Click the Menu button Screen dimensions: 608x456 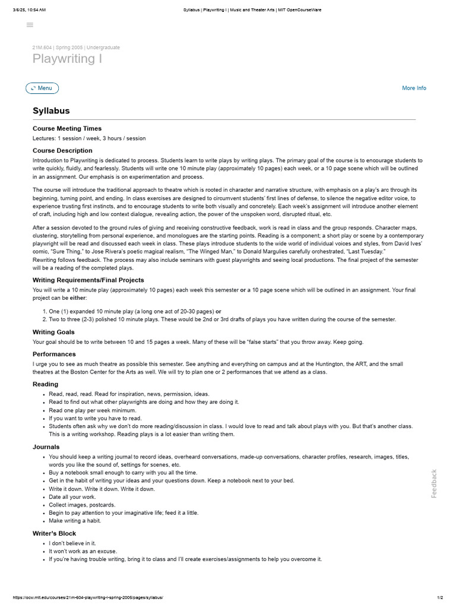point(42,88)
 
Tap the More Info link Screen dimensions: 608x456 point(414,88)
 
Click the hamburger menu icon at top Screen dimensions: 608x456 point(30,25)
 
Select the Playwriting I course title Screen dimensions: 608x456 point(67,59)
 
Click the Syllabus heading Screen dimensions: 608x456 point(51,110)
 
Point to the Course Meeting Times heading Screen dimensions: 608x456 point(67,128)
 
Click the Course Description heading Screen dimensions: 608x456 point(62,150)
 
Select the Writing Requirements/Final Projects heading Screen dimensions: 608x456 point(88,280)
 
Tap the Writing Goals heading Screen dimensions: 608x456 point(53,332)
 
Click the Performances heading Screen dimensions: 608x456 point(54,354)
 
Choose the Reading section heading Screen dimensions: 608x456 point(45,384)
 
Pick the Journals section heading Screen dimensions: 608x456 point(46,446)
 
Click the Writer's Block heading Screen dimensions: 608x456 point(54,533)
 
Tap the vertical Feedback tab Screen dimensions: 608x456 point(434,484)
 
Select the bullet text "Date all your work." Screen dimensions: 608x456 point(72,496)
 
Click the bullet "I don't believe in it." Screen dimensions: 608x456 point(72,543)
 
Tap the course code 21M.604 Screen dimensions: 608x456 point(43,47)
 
